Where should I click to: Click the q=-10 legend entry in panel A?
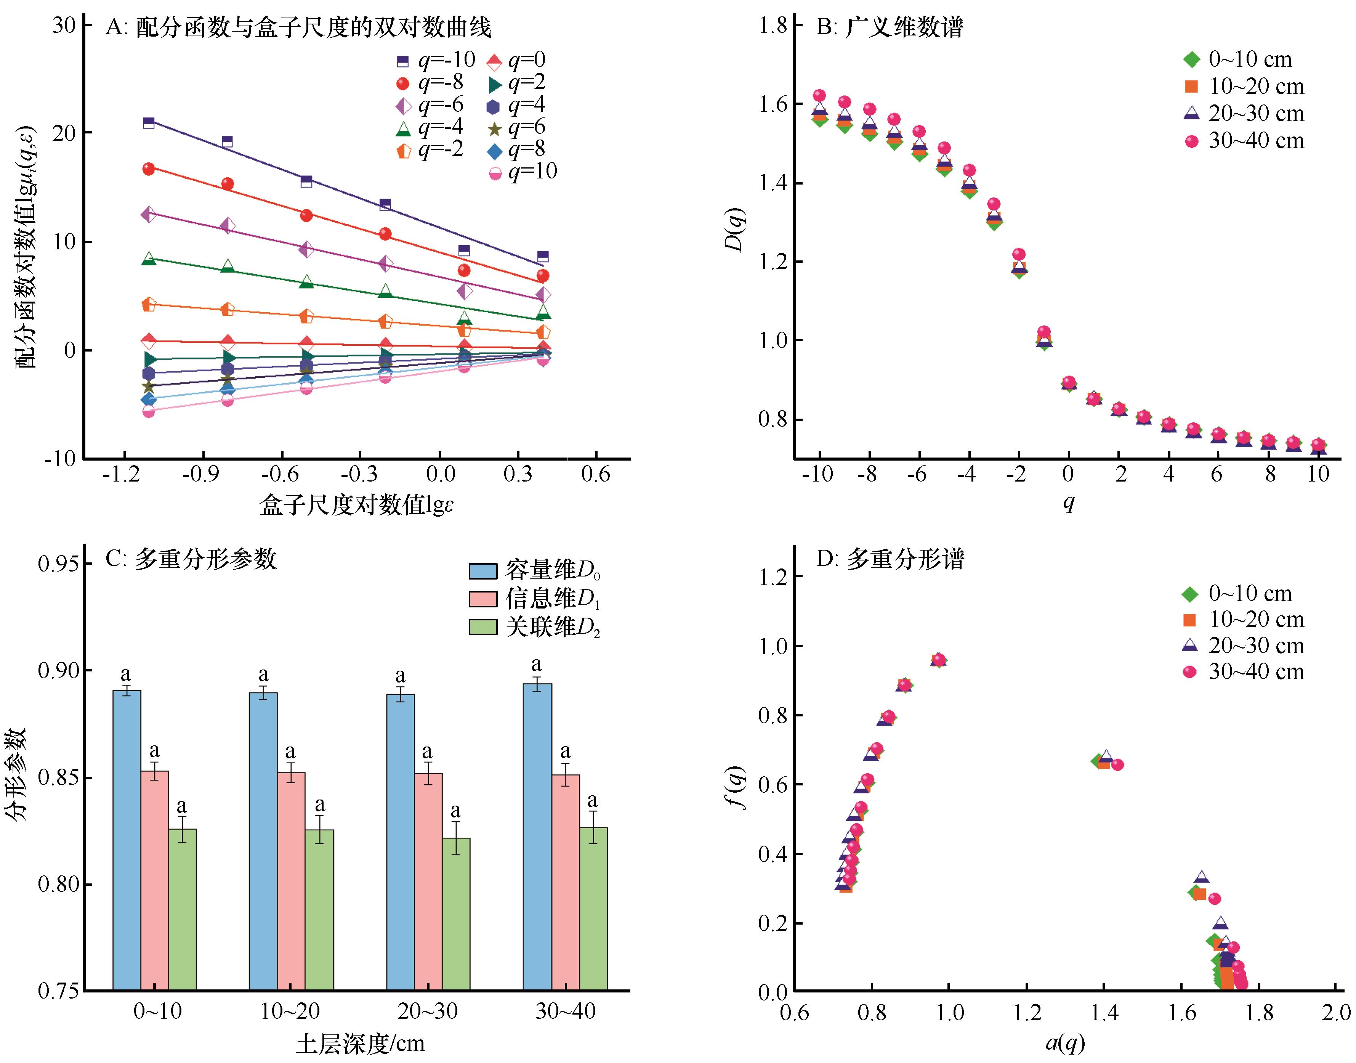click(435, 60)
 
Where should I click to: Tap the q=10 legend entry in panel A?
click(523, 172)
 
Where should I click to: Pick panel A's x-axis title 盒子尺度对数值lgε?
click(356, 505)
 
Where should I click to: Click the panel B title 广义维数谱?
click(890, 27)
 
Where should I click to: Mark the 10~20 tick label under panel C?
click(290, 1012)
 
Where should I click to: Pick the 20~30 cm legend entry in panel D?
click(1244, 646)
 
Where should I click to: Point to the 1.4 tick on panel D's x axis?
click(1103, 1013)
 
